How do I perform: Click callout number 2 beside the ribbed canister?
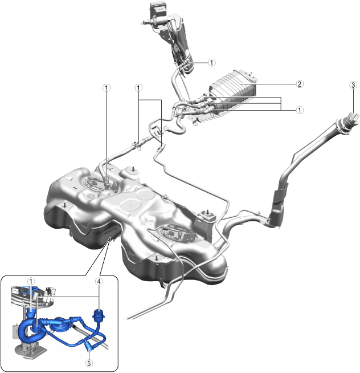[x=300, y=84]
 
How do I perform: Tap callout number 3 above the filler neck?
[x=353, y=85]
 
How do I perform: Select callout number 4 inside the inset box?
[x=99, y=281]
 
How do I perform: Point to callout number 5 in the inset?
[x=89, y=363]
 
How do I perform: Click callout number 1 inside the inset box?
[x=31, y=281]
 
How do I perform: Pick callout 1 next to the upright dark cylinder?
[x=211, y=63]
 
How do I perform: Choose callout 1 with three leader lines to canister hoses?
[x=300, y=110]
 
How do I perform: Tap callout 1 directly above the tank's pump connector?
[x=106, y=88]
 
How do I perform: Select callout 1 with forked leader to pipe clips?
[x=138, y=88]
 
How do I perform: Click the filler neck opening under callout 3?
[x=353, y=119]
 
